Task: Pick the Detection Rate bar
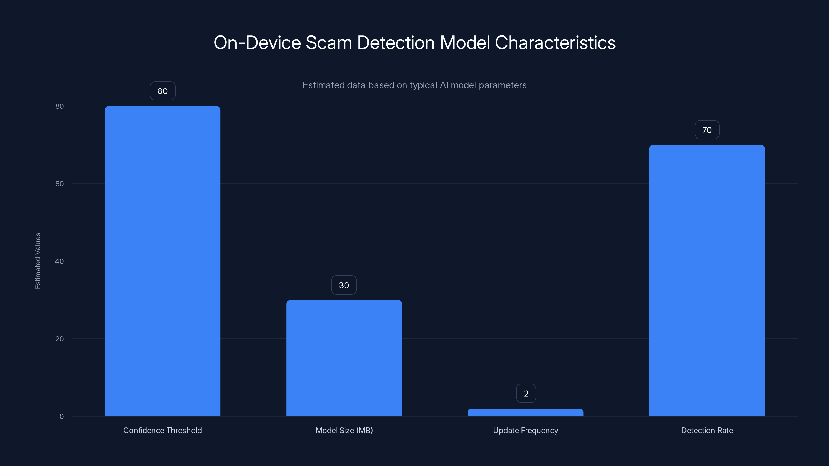pyautogui.click(x=707, y=280)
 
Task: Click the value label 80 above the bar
pyautogui.click(x=162, y=91)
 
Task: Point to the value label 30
pyautogui.click(x=344, y=285)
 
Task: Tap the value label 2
pyautogui.click(x=526, y=393)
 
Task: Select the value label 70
pyautogui.click(x=707, y=130)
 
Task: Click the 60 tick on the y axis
pyautogui.click(x=60, y=184)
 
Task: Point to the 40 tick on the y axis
pyautogui.click(x=60, y=261)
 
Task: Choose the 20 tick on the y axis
pyautogui.click(x=60, y=339)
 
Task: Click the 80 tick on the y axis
pyautogui.click(x=60, y=106)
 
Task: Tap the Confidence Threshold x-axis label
pyautogui.click(x=162, y=430)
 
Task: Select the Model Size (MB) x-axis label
pyautogui.click(x=344, y=430)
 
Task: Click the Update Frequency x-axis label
pyautogui.click(x=526, y=430)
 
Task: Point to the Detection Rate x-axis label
pyautogui.click(x=707, y=430)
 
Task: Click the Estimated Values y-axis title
pyautogui.click(x=38, y=261)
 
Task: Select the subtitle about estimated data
pyautogui.click(x=414, y=85)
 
